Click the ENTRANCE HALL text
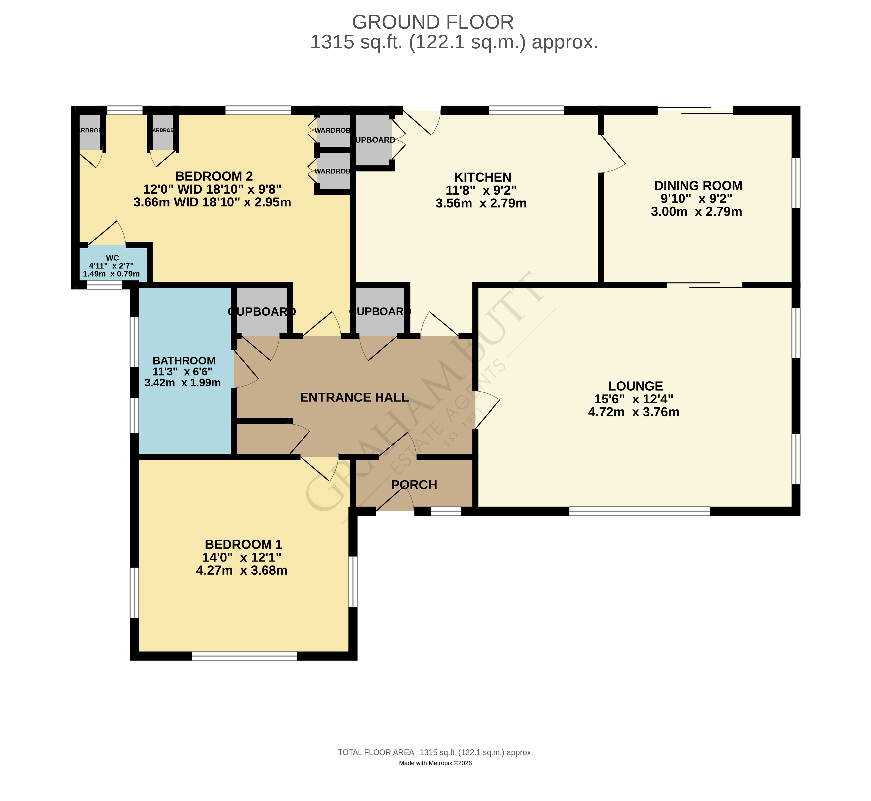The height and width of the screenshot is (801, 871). (354, 398)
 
